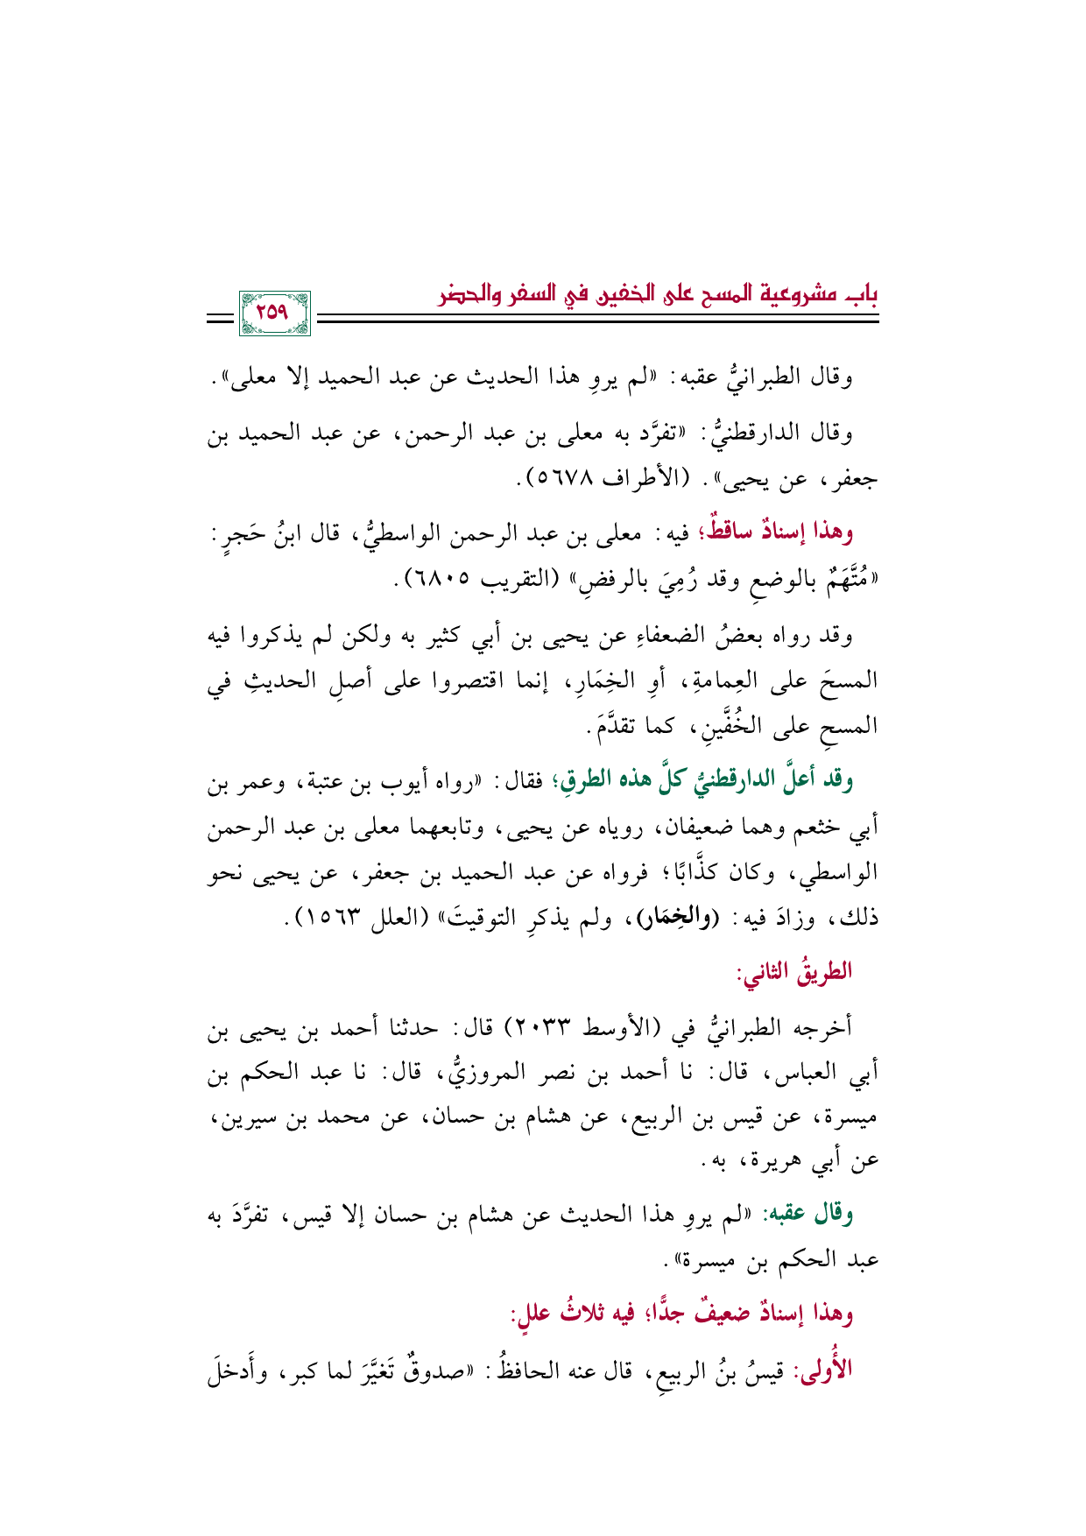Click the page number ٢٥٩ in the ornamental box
[273, 313]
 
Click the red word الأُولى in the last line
[824, 1367]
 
